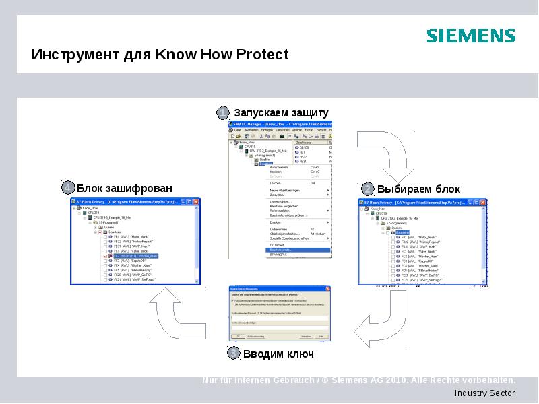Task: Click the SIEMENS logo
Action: click(471, 36)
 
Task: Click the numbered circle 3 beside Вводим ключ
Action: click(232, 353)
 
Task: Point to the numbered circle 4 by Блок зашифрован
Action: click(67, 187)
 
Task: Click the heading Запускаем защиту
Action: click(281, 112)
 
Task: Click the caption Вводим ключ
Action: click(278, 353)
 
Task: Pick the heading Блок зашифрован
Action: click(124, 188)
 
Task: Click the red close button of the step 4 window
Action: click(196, 202)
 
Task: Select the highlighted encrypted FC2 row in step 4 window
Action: click(135, 256)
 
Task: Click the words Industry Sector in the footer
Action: click(484, 393)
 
